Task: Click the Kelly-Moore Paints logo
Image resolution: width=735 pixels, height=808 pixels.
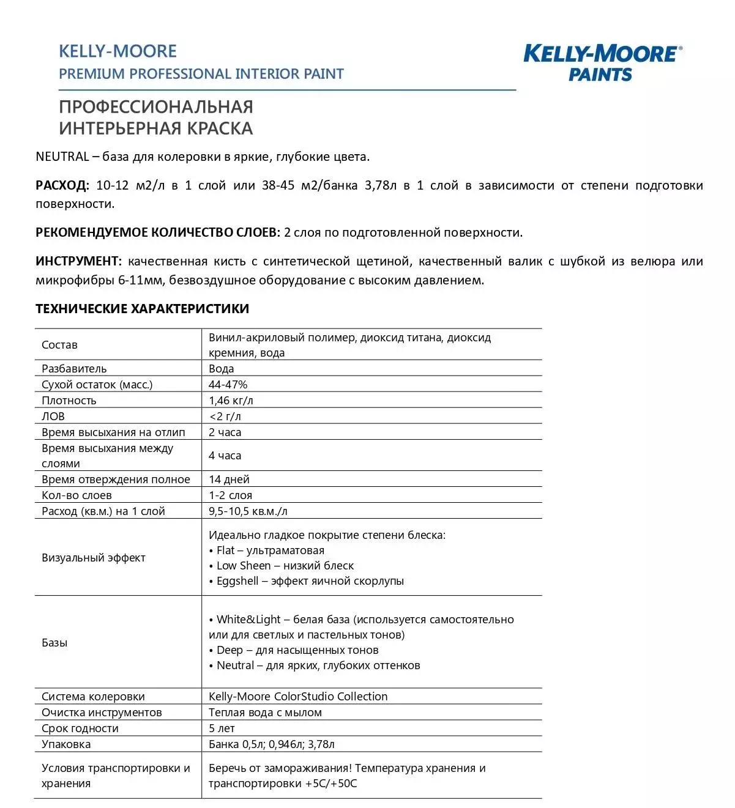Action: point(602,62)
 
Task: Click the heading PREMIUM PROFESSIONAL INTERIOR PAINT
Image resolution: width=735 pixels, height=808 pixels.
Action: point(201,74)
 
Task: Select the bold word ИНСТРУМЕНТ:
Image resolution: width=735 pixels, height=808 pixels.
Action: point(78,261)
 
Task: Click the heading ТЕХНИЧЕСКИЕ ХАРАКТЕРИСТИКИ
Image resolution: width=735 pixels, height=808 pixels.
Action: point(142,308)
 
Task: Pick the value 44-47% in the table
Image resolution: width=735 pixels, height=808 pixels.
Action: point(228,384)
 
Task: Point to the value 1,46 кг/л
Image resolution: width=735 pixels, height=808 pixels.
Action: point(231,400)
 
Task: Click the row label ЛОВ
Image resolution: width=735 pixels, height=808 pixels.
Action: point(53,416)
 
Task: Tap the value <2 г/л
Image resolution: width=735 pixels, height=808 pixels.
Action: point(225,416)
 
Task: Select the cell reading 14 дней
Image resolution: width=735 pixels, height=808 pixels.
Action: point(229,479)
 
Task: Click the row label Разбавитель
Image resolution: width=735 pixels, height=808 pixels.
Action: point(74,368)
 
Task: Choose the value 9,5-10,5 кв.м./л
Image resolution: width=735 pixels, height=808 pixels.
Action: point(248,511)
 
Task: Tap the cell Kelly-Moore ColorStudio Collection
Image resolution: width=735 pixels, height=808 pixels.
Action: point(298,696)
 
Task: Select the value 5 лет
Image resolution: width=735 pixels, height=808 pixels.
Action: point(222,728)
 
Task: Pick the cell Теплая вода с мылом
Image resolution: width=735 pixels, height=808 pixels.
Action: point(265,712)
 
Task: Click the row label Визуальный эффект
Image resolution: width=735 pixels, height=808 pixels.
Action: point(94,557)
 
